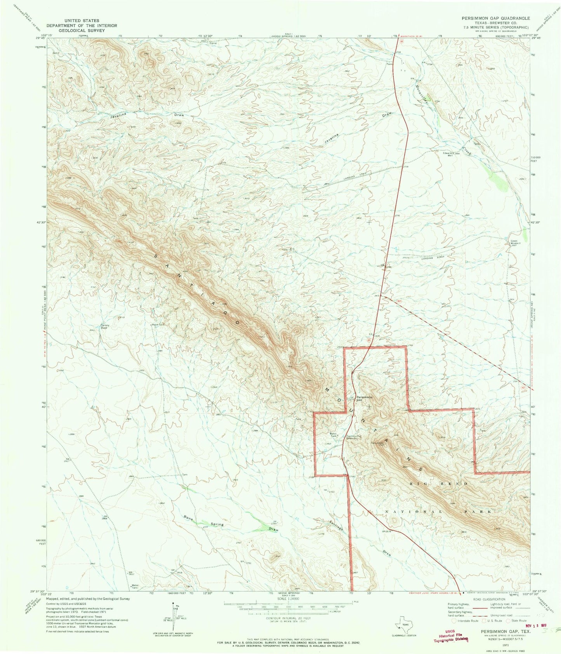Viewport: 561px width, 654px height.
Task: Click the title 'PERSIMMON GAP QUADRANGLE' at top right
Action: coord(495,18)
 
